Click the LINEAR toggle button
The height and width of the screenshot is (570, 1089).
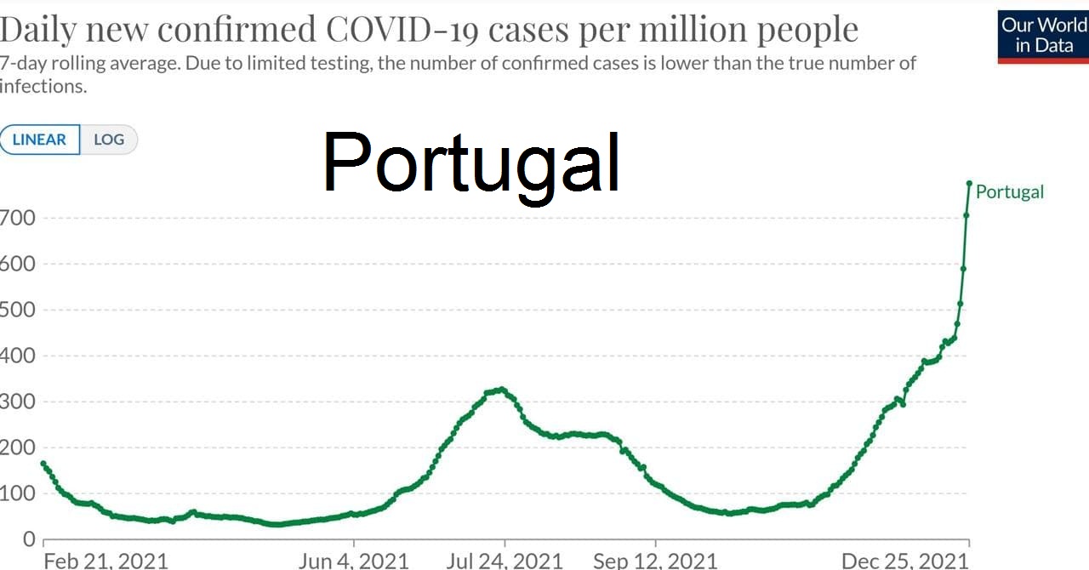[40, 140]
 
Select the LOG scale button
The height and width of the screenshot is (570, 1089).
[109, 140]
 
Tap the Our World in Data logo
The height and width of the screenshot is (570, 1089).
[1043, 36]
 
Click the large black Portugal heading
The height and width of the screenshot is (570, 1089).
[471, 162]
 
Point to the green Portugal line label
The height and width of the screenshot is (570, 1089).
[1009, 192]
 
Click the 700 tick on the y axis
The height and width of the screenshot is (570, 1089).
[17, 218]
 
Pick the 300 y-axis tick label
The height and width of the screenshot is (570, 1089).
[17, 402]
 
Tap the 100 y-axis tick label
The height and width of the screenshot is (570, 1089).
[17, 493]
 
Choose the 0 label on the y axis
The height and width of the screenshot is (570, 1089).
[28, 539]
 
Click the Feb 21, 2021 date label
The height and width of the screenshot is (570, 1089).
[105, 560]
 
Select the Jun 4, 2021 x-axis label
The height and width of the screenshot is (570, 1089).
[353, 560]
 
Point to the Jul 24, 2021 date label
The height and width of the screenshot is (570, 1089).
[505, 560]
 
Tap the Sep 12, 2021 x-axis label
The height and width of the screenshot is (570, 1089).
[655, 560]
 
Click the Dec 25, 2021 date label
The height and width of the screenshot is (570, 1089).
[904, 560]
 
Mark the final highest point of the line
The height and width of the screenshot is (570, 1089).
[969, 183]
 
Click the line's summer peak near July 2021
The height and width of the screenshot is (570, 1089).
[502, 390]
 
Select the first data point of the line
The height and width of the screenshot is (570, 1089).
[43, 464]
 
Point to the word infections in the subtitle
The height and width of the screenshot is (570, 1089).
[43, 86]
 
